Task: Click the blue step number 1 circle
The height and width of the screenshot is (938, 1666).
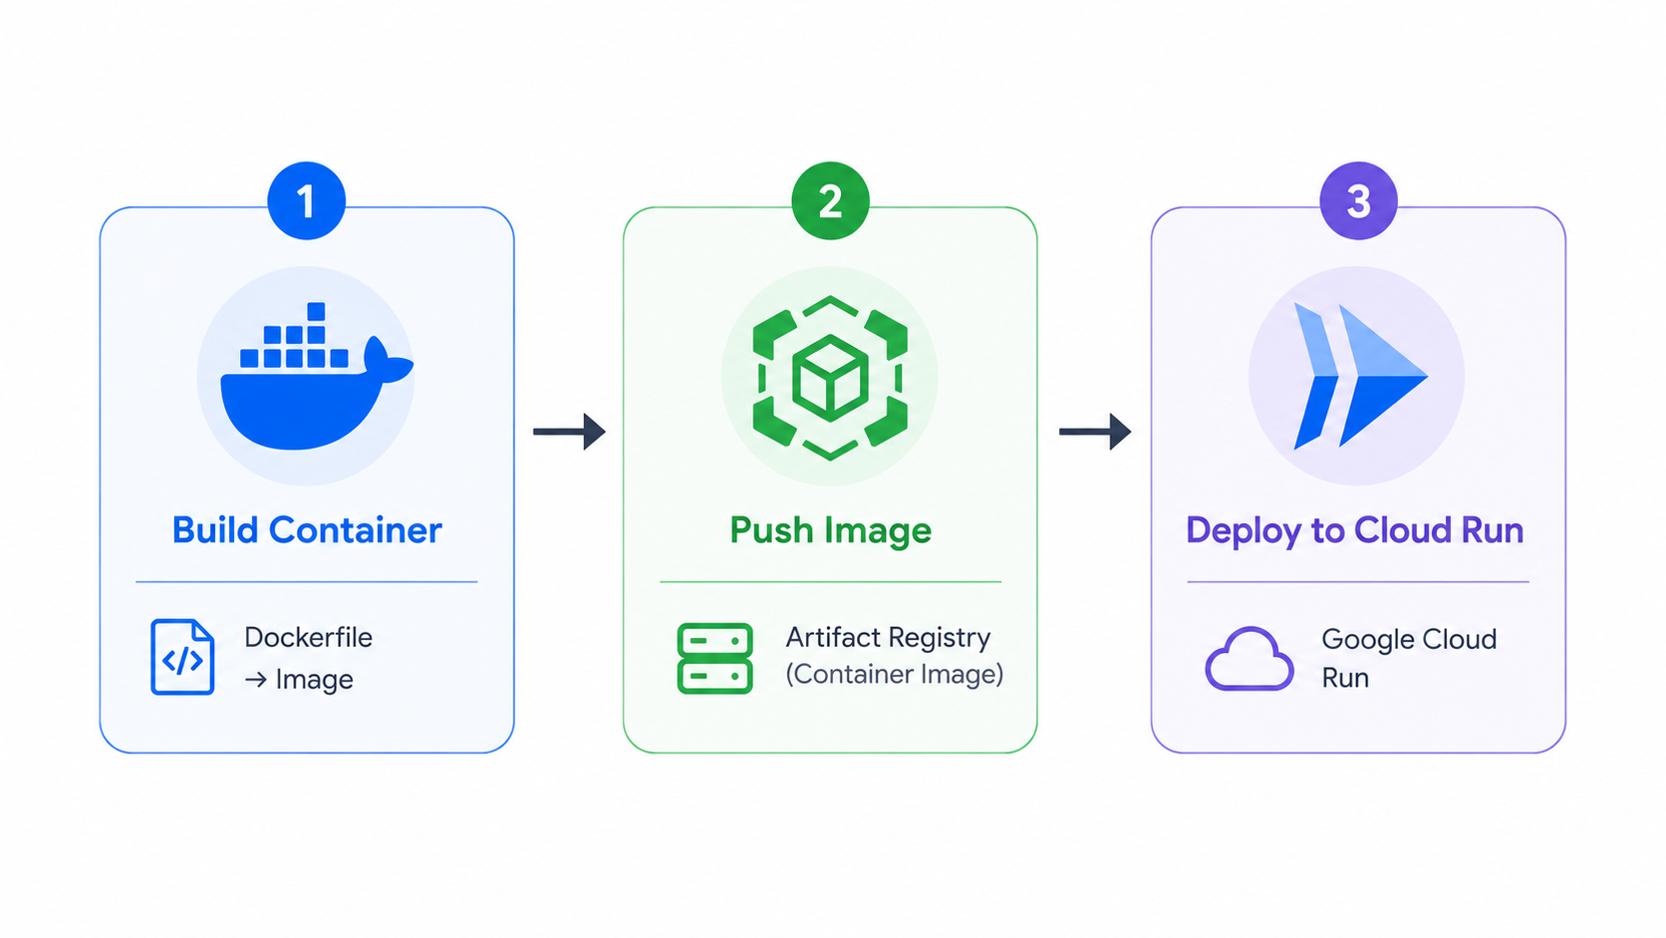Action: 307,200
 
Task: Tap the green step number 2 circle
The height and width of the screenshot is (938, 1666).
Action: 830,200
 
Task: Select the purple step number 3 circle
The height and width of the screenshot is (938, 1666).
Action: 1358,200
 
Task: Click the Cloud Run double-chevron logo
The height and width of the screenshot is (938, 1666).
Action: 1360,376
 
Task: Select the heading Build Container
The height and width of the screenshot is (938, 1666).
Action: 307,530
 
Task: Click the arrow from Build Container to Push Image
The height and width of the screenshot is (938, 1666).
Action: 570,432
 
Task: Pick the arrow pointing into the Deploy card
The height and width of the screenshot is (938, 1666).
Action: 1095,432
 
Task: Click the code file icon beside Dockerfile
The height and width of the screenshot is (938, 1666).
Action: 182,657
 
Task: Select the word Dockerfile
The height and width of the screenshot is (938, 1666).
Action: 308,638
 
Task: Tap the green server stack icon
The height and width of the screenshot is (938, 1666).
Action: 714,658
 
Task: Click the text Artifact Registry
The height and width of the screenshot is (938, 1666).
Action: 888,638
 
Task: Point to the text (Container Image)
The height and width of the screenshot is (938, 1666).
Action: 894,674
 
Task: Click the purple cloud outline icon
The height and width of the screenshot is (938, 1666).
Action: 1249,659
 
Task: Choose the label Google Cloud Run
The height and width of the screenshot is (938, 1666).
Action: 1409,658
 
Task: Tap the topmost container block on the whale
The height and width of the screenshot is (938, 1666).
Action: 316,311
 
